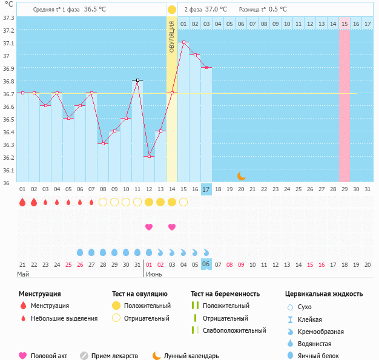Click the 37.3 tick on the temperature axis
[x=8, y=17]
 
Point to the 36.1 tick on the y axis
[x=8, y=170]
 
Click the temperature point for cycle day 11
[x=137, y=80]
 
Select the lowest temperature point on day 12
[x=149, y=156]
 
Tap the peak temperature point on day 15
[x=183, y=42]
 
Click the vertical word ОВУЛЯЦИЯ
[x=172, y=37]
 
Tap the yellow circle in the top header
[x=172, y=10]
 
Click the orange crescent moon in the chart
[x=241, y=175]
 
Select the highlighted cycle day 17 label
[x=206, y=189]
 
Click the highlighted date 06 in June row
[x=206, y=264]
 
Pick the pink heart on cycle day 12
[x=149, y=227]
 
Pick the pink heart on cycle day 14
[x=172, y=227]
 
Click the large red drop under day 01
[x=22, y=202]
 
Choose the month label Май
[x=23, y=274]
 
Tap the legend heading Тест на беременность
[x=225, y=294]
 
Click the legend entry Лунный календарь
[x=186, y=356]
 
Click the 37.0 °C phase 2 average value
[x=216, y=10]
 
